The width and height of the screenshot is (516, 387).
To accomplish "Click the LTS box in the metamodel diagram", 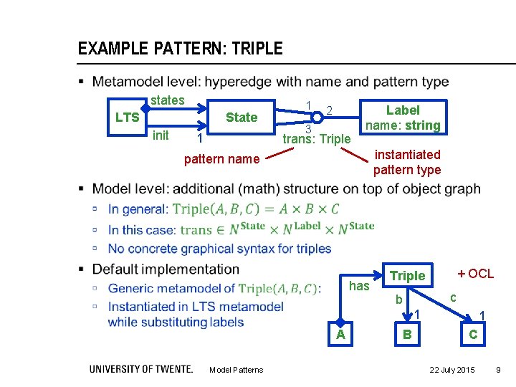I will pos(128,118).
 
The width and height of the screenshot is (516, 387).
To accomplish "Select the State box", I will pos(241,118).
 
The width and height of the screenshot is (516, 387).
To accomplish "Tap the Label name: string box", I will pos(403,118).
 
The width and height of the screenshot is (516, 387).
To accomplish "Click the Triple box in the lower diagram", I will pos(407,276).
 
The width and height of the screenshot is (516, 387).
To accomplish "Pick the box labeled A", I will pos(341,335).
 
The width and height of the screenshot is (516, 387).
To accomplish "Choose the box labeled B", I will pos(407,335).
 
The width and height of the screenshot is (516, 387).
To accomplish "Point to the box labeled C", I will pos(473,335).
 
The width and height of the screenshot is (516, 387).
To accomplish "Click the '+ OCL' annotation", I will pos(475,274).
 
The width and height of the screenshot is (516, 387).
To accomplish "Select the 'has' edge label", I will pos(359,287).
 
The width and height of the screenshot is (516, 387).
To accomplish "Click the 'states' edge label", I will pos(168,100).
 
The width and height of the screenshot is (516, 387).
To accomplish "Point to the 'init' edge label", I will pos(161,135).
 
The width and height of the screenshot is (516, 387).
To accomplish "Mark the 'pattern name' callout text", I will pos(221,159).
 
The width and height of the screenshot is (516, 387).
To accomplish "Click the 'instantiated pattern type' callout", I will pos(407,162).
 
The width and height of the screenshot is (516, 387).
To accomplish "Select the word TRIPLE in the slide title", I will pos(254,49).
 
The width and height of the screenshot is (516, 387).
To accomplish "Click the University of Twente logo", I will pos(140,369).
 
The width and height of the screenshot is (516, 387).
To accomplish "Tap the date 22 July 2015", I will pos(451,370).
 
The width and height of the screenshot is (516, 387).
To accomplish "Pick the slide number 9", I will pos(499,370).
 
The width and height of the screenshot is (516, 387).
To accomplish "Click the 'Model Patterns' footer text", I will pos(236,370).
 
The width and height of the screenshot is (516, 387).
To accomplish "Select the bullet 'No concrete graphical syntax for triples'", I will pos(219,249).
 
